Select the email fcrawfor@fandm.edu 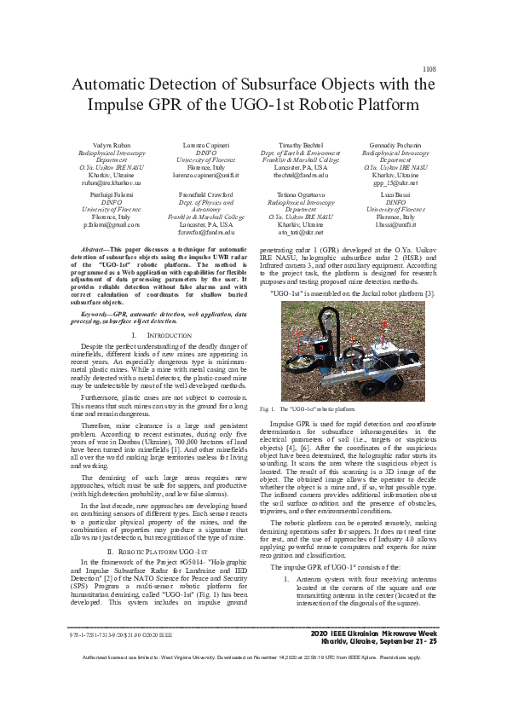(x=207, y=230)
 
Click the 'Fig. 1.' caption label (x=266, y=410)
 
